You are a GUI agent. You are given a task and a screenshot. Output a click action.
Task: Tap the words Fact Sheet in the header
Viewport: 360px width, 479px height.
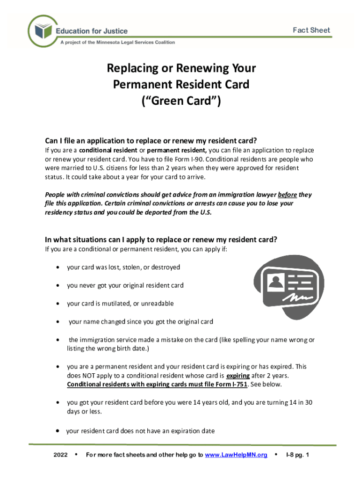click(311, 30)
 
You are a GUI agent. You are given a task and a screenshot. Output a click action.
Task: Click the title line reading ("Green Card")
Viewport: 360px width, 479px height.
click(181, 101)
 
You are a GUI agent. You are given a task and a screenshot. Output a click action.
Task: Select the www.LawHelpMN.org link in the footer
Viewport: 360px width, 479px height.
click(236, 455)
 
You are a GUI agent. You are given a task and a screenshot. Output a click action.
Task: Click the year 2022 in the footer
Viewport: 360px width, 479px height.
click(61, 455)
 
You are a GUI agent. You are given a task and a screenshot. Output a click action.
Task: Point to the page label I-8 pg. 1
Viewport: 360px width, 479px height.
click(297, 455)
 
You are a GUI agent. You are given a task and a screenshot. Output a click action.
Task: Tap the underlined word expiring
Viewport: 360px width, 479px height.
click(238, 376)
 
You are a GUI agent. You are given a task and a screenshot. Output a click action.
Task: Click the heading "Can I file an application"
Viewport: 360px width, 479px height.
click(151, 141)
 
